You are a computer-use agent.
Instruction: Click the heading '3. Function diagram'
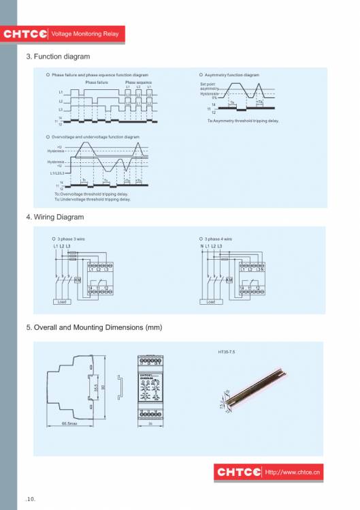tap(58, 57)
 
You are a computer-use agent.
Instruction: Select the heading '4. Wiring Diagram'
tap(55, 217)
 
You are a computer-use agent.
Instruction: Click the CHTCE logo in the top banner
tap(25, 33)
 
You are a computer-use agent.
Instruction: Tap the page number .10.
tap(31, 499)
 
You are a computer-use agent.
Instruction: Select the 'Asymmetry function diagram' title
tap(231, 75)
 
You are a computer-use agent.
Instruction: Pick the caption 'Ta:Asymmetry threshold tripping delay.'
tap(243, 121)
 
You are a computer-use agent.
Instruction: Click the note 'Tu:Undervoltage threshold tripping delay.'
tap(92, 200)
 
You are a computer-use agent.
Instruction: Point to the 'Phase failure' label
tap(96, 82)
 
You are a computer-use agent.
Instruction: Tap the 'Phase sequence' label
tap(138, 82)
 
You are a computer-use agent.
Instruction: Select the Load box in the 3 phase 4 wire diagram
tap(211, 301)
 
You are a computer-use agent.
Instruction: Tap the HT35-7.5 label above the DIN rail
tap(226, 352)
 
